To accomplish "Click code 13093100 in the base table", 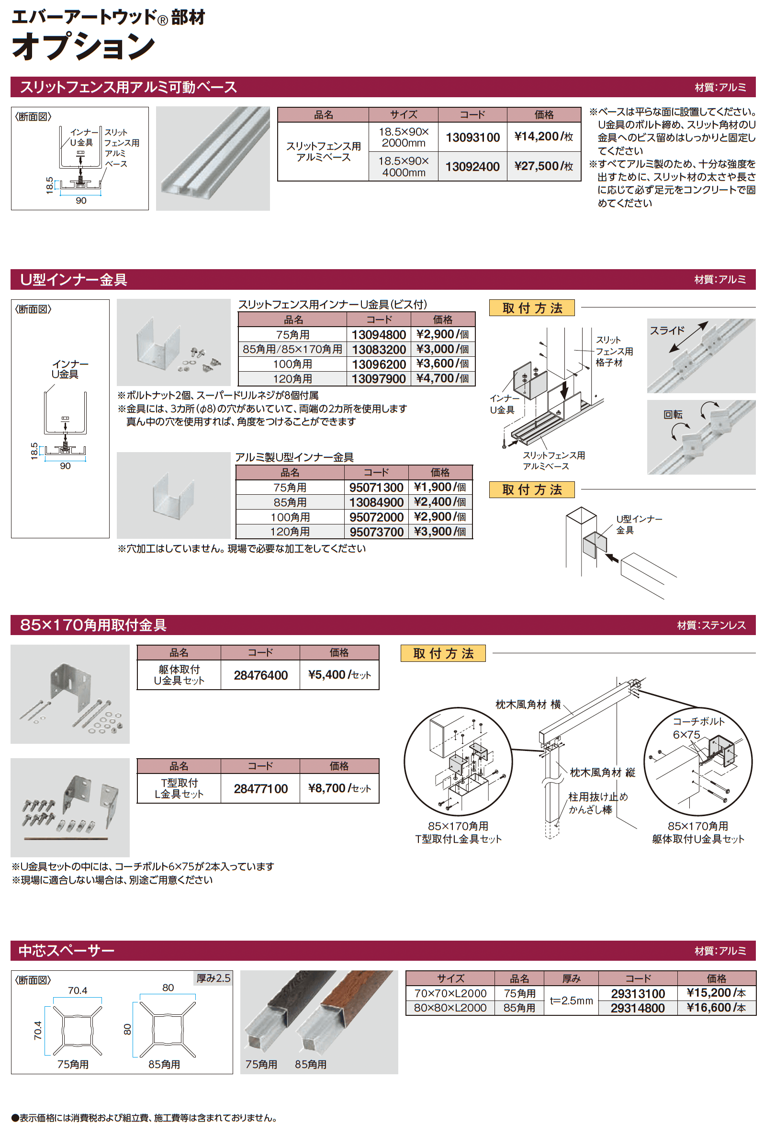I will coord(472,137).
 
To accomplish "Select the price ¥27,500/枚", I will coord(543,166).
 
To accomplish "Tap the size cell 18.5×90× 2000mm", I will coord(403,137).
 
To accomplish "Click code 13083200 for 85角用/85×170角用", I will coord(379,350).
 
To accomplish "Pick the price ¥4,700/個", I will coord(442,378).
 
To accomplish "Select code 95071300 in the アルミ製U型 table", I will coord(376,488).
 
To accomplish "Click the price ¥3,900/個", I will coord(439,531).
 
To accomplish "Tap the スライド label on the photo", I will coord(666,330).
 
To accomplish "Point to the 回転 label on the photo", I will coord(673,414).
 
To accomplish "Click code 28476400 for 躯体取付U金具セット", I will coord(260,675).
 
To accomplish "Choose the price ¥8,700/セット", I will coord(339,788).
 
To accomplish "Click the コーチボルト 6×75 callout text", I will coord(698,728).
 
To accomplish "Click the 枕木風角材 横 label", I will coord(528,704).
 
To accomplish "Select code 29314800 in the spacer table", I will coord(637,1008).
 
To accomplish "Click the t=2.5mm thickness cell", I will coord(571,1001).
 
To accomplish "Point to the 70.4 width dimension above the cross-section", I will coord(78,990).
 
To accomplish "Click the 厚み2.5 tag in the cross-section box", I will coord(213,978).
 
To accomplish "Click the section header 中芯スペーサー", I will coord(66,950).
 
